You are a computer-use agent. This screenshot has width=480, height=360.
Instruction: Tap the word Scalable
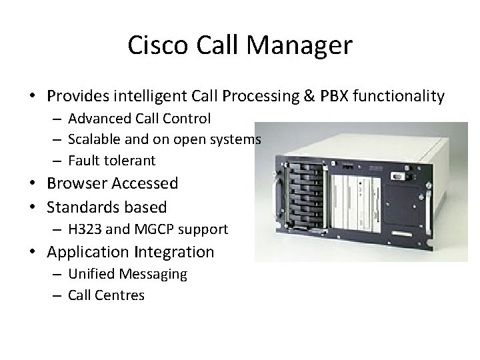click(94, 139)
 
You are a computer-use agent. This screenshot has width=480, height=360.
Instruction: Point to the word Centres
click(121, 295)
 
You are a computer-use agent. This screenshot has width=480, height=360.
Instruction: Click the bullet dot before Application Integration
click(33, 253)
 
